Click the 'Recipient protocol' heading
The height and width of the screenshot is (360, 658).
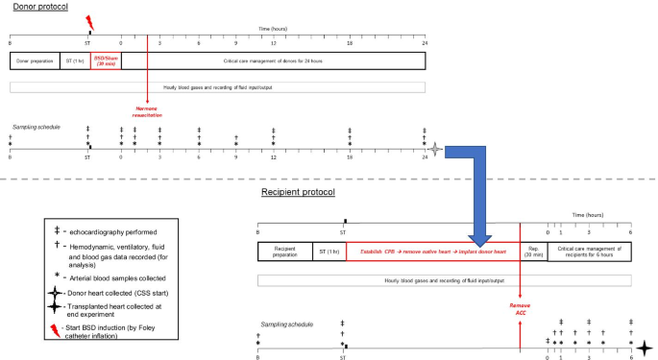coord(299,193)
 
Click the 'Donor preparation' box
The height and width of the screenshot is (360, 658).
coord(35,60)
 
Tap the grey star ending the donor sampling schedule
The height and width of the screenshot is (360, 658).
coord(437,149)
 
